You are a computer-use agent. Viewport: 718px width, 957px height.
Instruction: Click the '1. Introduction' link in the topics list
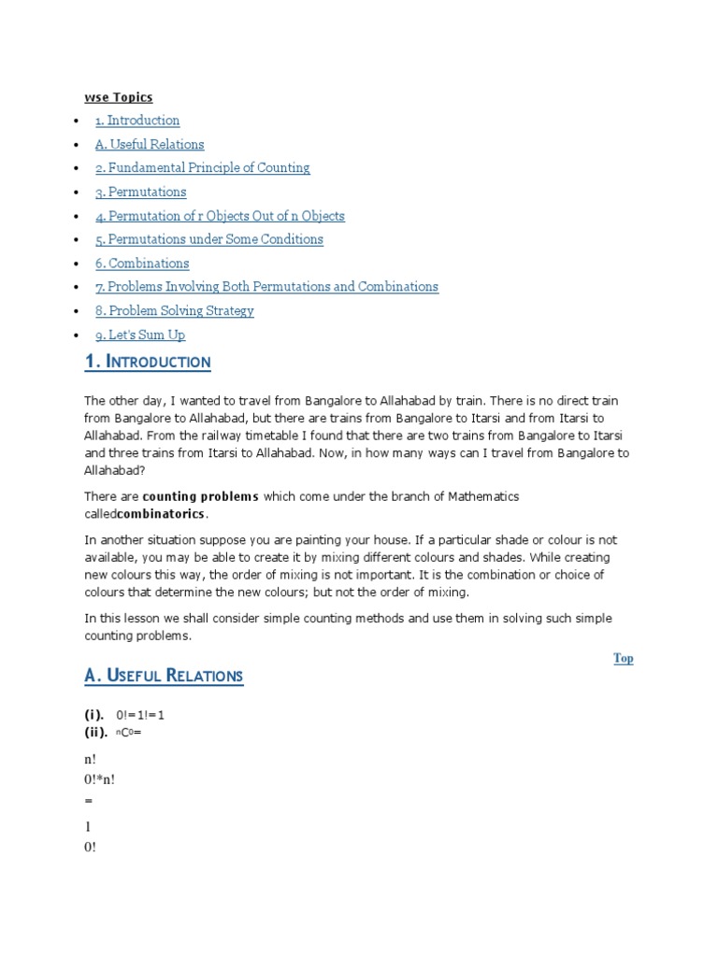(136, 121)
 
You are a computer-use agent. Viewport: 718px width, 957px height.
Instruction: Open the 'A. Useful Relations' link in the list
(149, 144)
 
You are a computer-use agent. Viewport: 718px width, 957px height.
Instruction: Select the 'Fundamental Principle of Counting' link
(202, 168)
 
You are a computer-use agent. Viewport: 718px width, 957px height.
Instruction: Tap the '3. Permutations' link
(140, 192)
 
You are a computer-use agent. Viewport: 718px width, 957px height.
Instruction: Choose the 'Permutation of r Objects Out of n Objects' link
(220, 216)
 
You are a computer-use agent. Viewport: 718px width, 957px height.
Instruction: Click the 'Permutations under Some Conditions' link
(208, 239)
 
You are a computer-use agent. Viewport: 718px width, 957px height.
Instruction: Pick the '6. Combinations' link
(142, 264)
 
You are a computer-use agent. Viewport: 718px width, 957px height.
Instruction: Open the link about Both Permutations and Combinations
(266, 287)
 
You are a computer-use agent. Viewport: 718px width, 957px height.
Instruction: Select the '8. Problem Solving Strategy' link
(174, 311)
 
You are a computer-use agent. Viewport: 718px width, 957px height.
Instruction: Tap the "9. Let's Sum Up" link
(140, 335)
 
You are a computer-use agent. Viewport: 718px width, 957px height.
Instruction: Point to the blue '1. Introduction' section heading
(148, 362)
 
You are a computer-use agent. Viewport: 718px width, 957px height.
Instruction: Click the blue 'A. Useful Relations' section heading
(164, 675)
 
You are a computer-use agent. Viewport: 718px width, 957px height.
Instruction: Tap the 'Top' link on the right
(624, 658)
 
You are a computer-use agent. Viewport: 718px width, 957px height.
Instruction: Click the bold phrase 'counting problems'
(200, 496)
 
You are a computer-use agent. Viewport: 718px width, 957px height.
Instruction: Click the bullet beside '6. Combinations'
(75, 264)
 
